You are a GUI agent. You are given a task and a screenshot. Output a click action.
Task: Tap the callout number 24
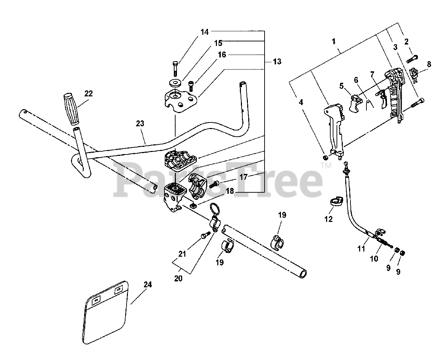click(x=147, y=285)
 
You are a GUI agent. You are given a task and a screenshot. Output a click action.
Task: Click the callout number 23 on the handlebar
click(x=140, y=123)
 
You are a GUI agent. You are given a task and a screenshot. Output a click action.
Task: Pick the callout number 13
click(x=277, y=62)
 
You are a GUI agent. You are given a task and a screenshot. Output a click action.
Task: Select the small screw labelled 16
click(x=191, y=84)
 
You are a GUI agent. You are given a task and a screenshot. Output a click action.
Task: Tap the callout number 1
click(x=334, y=41)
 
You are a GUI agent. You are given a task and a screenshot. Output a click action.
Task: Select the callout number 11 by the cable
click(x=362, y=248)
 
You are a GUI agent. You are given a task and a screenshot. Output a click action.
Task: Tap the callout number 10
click(x=374, y=258)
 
